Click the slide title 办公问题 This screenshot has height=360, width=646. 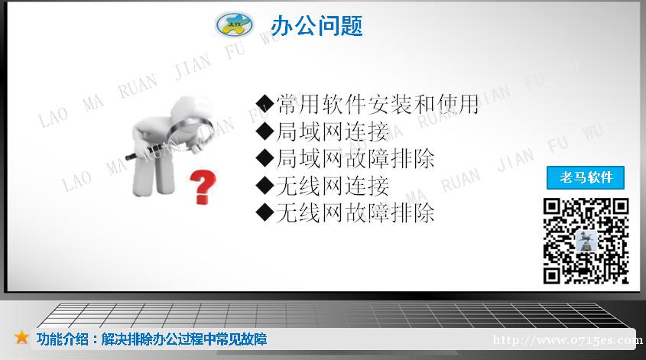(x=317, y=25)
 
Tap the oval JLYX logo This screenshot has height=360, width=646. (x=234, y=24)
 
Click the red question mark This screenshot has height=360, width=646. (x=203, y=187)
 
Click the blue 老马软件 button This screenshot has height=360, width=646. (x=586, y=177)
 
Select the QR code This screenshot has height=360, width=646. (x=586, y=242)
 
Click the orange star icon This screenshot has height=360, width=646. (x=21, y=337)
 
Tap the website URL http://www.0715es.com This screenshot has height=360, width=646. (x=568, y=340)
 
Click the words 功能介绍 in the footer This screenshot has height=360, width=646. (x=62, y=339)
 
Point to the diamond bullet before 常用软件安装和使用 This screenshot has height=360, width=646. (x=265, y=104)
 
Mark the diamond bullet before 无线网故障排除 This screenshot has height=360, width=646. (x=265, y=213)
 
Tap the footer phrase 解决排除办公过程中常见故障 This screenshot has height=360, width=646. (x=184, y=339)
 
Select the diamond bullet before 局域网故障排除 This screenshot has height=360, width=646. (x=265, y=158)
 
